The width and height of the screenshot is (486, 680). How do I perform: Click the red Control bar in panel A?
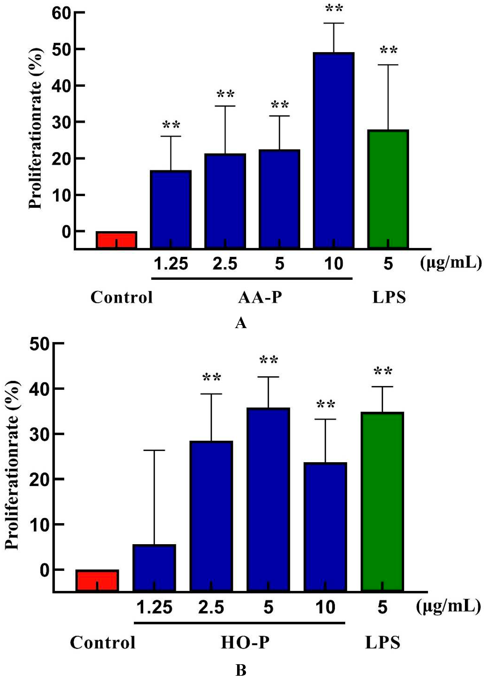pyautogui.click(x=116, y=240)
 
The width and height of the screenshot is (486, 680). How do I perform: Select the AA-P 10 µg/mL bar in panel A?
pyautogui.click(x=334, y=150)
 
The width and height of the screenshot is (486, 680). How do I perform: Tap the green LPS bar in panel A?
pyautogui.click(x=388, y=189)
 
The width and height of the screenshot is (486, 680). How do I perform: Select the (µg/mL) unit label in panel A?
pyautogui.click(x=450, y=263)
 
